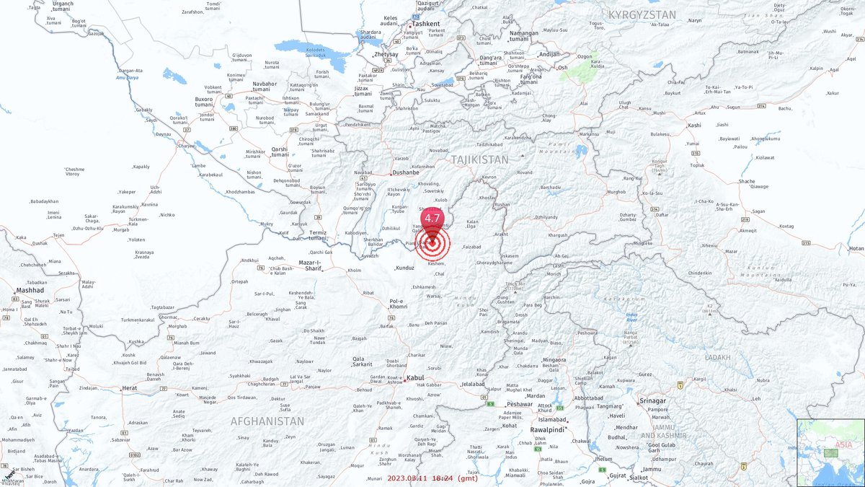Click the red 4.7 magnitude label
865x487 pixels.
tap(432, 218)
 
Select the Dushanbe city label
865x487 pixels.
tap(407, 173)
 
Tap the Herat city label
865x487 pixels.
tap(130, 388)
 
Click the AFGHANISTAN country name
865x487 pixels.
tap(267, 421)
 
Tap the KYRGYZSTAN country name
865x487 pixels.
tap(642, 14)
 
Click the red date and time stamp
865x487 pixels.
tap(432, 478)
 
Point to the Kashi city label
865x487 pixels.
tap(695, 126)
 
